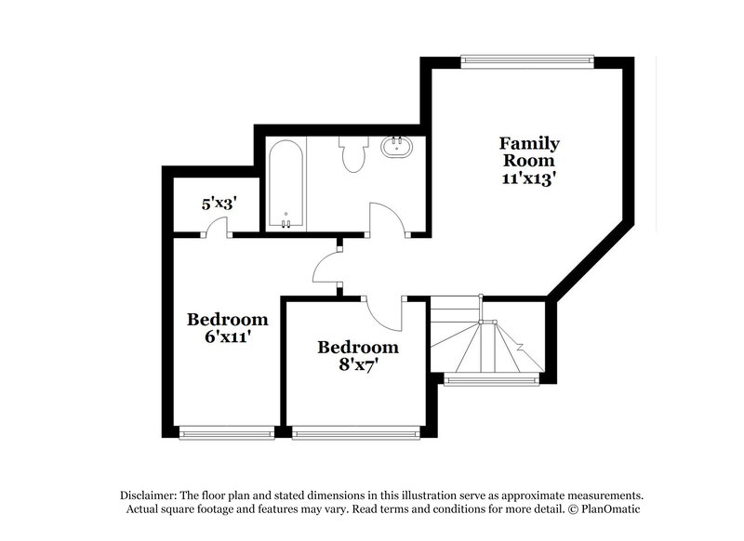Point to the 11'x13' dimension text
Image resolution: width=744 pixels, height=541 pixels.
point(529,178)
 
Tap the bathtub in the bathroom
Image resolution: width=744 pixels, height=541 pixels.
point(286,184)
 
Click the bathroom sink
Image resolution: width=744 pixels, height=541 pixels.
point(398,147)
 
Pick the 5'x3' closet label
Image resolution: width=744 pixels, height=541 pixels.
point(219,202)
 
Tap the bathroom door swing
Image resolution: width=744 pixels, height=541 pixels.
point(387,218)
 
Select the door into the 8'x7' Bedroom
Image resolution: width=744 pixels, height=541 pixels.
point(383,310)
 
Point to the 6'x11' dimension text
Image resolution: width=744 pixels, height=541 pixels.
point(227,337)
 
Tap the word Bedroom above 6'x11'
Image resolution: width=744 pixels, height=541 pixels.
point(227,319)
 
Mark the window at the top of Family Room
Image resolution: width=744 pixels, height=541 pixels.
point(525,62)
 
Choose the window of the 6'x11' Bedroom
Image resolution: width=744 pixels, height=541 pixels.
point(226,431)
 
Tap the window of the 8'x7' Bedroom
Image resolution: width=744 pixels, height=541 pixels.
point(353,431)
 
